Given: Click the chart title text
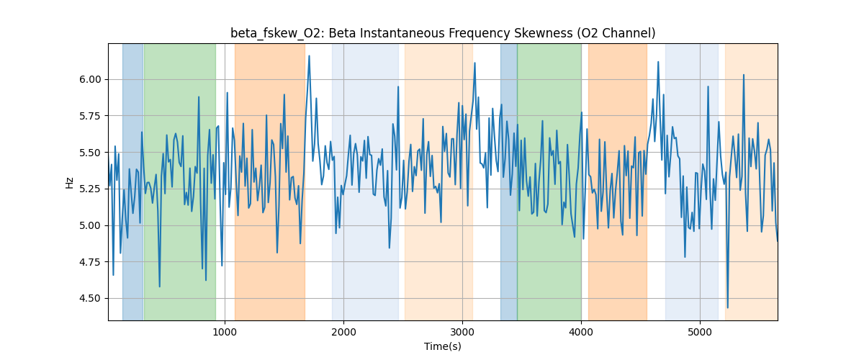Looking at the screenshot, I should pos(443,33).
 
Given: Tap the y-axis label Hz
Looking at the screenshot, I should pos(70,182).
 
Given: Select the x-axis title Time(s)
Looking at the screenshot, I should pos(443,346).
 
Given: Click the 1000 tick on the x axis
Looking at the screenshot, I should pos(225,331).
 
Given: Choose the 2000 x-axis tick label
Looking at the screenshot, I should pos(343,331).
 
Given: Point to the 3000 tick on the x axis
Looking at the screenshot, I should pos(462,331).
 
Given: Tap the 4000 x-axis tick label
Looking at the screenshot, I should pos(581,331).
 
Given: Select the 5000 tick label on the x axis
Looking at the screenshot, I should pos(700,331).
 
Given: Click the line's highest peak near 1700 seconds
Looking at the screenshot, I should pos(309,56).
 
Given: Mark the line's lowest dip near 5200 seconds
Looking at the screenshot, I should pos(727,307).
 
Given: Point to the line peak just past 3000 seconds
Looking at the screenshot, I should pos(474,63).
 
